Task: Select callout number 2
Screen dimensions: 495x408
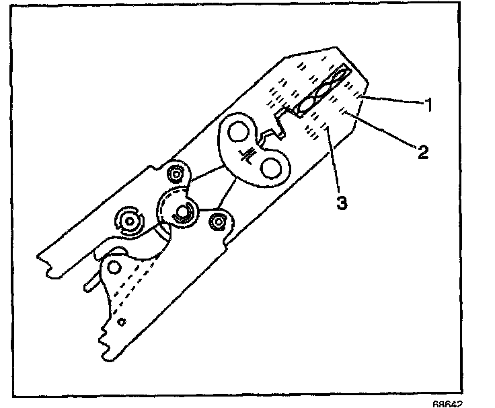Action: (x=422, y=151)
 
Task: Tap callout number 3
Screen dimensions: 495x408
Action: (x=342, y=202)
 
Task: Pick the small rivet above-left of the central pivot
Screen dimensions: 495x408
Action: (x=176, y=174)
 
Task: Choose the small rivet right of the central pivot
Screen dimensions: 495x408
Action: (x=218, y=219)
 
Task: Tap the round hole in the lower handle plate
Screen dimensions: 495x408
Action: (x=114, y=267)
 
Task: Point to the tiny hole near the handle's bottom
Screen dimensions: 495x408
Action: (x=120, y=322)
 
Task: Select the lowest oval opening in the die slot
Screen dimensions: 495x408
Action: (x=305, y=105)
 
